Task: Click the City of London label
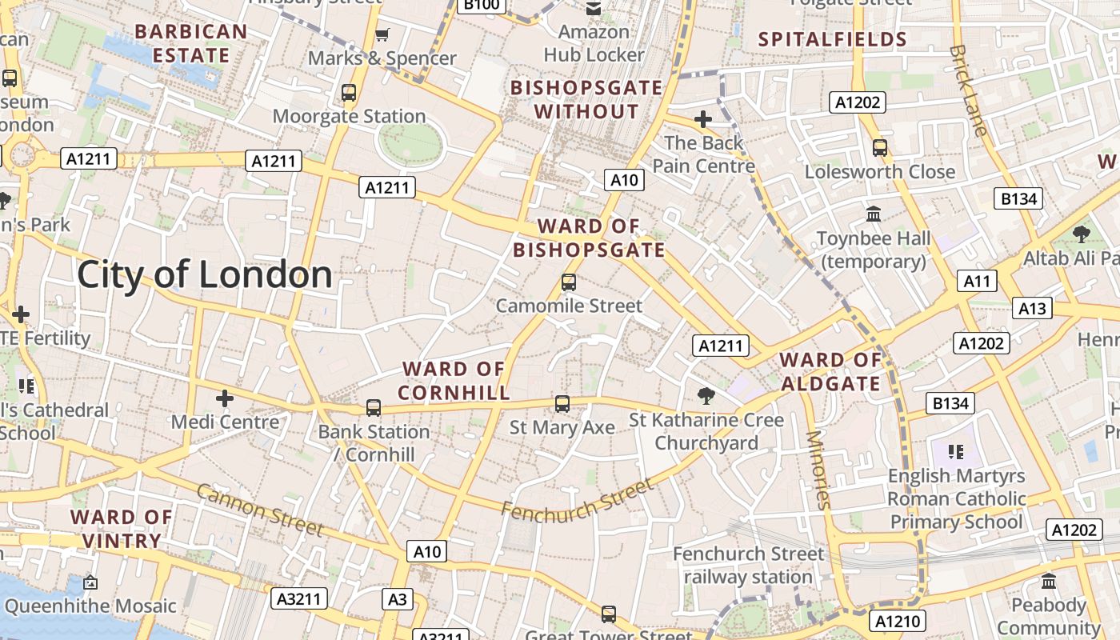click(x=205, y=275)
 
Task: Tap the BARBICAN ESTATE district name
click(x=190, y=43)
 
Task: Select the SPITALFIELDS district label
click(x=832, y=39)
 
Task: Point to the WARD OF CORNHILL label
click(x=454, y=381)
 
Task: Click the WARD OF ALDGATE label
click(x=830, y=371)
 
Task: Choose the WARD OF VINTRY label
click(x=122, y=529)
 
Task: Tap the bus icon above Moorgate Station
click(x=349, y=93)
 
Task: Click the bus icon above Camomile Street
click(x=569, y=282)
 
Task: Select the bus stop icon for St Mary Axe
click(x=562, y=404)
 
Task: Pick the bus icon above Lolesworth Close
click(x=880, y=148)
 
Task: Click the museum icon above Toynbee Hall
click(x=874, y=214)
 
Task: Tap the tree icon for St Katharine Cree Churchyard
click(x=706, y=394)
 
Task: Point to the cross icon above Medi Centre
click(x=225, y=398)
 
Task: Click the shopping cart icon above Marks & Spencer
click(x=382, y=34)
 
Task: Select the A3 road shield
click(x=398, y=599)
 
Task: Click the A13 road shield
click(x=1032, y=308)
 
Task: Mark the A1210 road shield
click(x=898, y=621)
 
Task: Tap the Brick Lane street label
click(x=969, y=90)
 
